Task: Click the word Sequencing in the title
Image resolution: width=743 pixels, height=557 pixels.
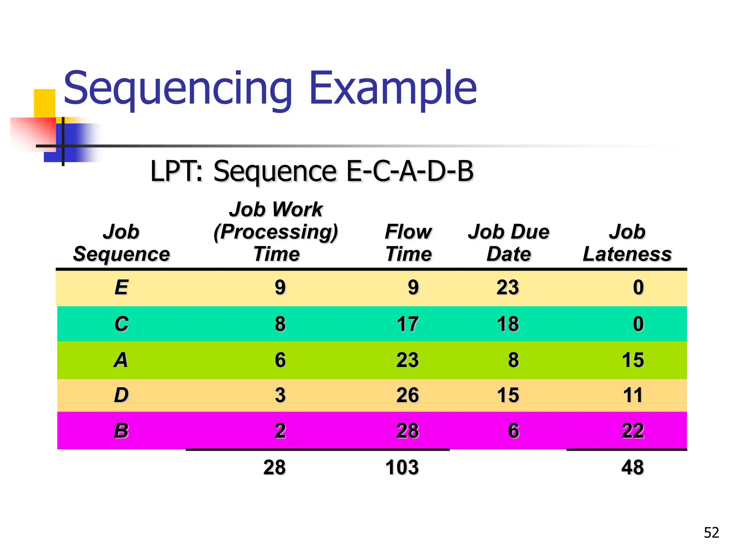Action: pos(178,89)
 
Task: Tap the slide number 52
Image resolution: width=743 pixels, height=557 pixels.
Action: pos(711,533)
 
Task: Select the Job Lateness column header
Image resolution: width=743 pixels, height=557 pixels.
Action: pos(627,243)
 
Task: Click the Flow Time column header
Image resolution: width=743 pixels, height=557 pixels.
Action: pos(409,243)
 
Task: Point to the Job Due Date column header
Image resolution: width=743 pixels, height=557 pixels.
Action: pos(509,243)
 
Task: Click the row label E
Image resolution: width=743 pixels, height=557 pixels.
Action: pos(121,288)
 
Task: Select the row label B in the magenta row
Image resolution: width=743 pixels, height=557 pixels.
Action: pos(121,431)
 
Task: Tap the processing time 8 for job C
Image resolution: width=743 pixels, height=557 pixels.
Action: pos(280,324)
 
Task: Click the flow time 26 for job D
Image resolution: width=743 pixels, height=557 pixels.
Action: pos(407,395)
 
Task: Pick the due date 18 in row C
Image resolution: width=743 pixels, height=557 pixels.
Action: pos(508,324)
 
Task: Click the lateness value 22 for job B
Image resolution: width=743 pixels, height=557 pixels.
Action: pos(633,431)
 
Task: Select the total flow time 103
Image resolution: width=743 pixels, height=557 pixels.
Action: pos(402,467)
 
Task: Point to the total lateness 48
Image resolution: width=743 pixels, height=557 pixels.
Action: pos(632,467)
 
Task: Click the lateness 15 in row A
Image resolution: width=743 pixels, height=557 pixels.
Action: pos(633,360)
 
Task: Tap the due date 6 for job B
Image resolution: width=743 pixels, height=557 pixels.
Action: pos(513,431)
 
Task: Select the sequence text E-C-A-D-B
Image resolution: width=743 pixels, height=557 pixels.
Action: pos(410,171)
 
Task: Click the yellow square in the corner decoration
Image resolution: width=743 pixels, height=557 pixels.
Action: pos(44,103)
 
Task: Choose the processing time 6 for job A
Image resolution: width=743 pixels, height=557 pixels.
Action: pos(280,360)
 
